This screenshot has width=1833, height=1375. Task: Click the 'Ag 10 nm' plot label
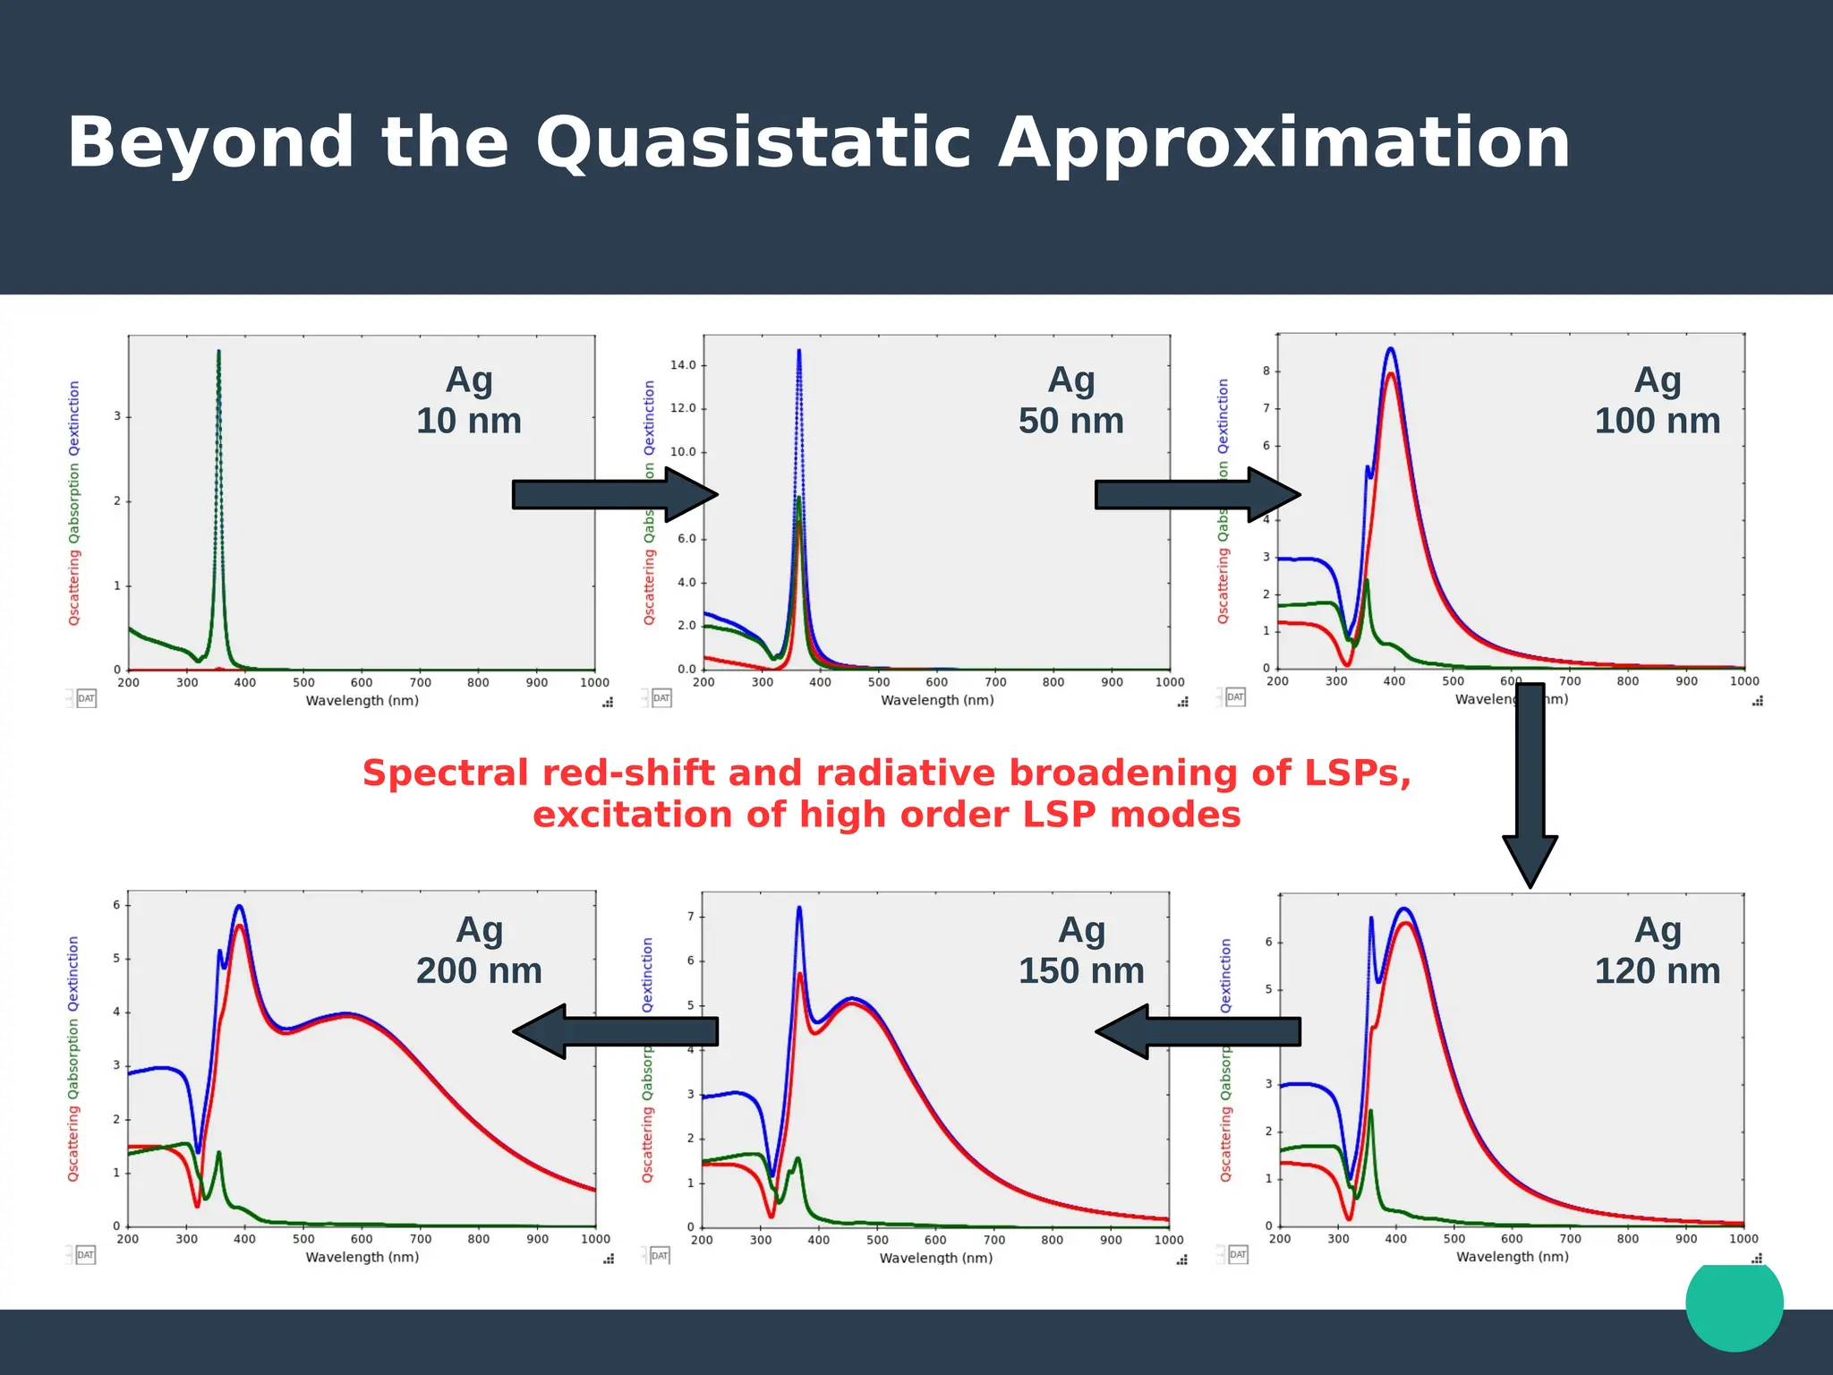[469, 400]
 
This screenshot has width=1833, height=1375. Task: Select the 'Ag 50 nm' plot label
[1070, 400]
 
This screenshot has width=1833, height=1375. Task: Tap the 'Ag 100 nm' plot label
[1657, 400]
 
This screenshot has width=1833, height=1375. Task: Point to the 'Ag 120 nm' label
[1657, 950]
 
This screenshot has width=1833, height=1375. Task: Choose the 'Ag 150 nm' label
[1081, 950]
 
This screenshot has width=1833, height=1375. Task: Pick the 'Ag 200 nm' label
[479, 950]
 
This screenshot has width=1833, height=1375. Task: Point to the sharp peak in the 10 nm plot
[218, 354]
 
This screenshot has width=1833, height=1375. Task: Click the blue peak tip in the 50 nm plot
[799, 352]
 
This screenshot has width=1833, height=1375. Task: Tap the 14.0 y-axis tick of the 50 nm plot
[683, 365]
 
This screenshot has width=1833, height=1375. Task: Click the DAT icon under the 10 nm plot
[86, 698]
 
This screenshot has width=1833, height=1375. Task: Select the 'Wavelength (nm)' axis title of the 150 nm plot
[936, 1258]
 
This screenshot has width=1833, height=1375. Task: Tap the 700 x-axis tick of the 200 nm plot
[420, 1239]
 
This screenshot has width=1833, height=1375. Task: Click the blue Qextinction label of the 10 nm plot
[74, 418]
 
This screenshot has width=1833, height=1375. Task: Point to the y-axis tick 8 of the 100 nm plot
[1266, 371]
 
